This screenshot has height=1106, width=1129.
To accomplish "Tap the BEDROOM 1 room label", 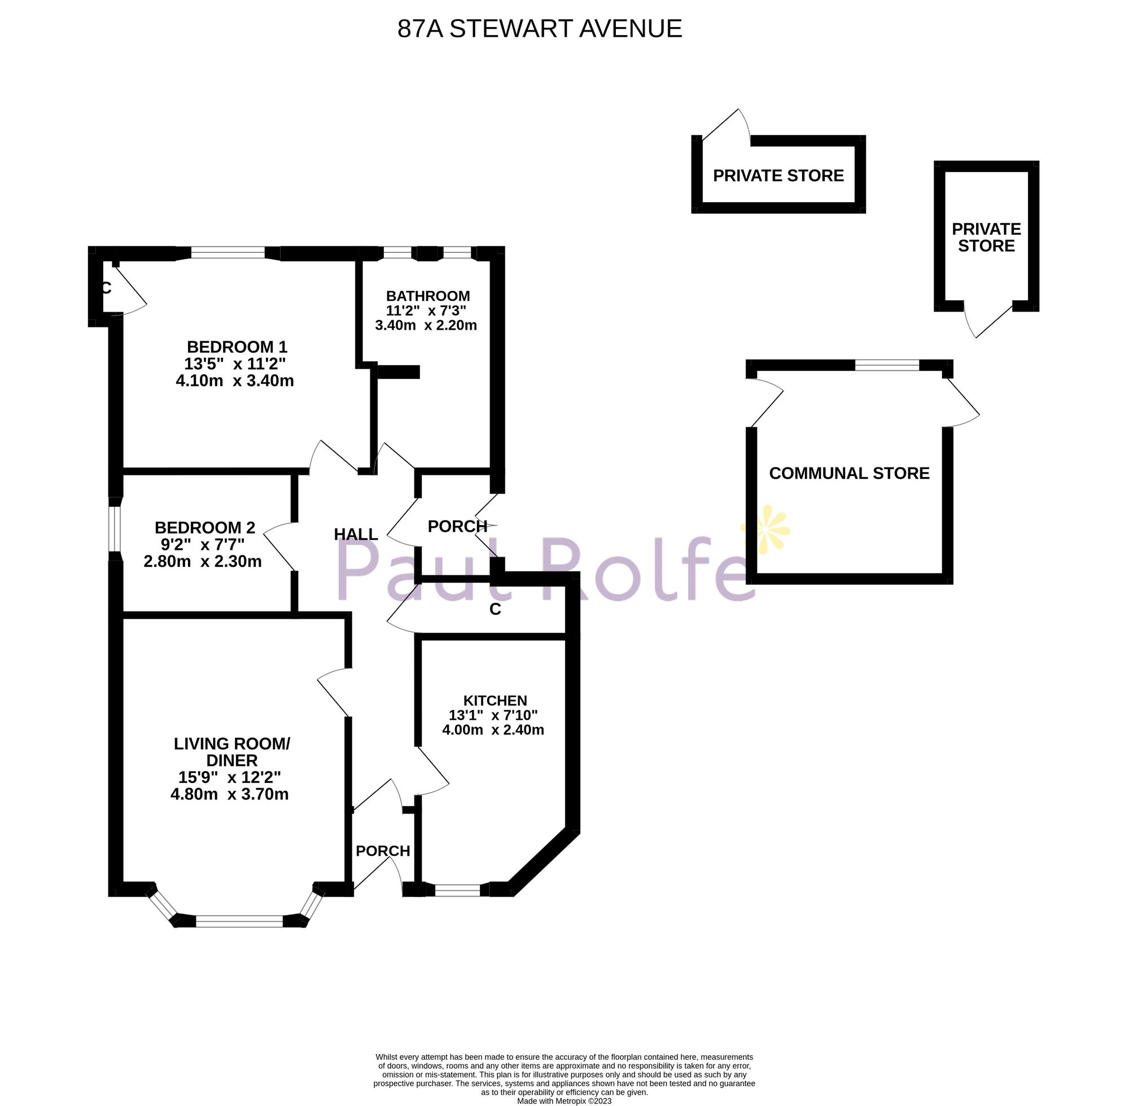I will point(237,347).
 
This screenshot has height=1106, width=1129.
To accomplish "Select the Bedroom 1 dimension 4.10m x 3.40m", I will point(235,381).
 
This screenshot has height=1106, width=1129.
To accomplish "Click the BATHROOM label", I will point(428,296).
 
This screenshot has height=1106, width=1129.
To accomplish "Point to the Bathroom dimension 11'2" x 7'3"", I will point(426,311).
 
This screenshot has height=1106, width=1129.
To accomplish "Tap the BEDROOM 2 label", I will point(204,527).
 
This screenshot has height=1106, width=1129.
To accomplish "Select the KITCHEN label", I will point(495,701).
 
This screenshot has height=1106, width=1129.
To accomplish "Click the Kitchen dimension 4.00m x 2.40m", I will point(493,730).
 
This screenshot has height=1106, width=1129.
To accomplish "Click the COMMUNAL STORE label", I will point(849,474).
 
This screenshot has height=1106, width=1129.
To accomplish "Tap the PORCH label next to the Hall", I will point(457,526).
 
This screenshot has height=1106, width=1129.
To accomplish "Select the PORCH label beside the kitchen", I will point(383,851).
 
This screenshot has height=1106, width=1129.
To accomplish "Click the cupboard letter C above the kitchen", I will point(495,609).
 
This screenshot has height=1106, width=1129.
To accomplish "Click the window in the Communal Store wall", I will point(887,365).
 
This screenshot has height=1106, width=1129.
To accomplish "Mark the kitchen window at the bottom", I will point(457,889).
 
